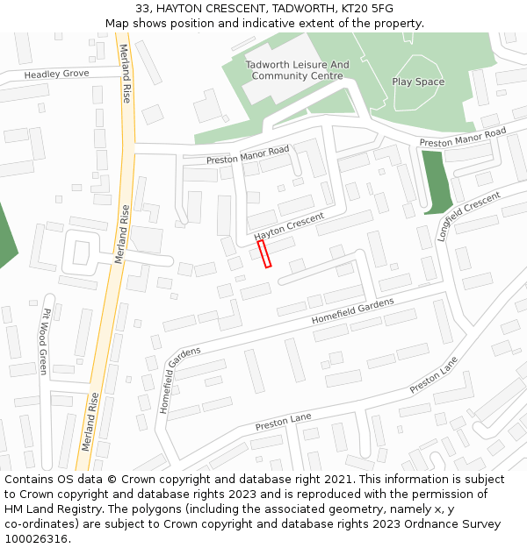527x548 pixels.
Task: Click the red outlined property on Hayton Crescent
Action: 263,253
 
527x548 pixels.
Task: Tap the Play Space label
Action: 418,82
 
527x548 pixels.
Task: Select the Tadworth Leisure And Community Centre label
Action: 297,70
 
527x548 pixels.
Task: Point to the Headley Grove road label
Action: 56,75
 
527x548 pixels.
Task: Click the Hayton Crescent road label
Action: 289,226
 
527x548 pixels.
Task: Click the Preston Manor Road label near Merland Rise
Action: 248,155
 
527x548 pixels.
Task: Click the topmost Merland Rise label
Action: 126,74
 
